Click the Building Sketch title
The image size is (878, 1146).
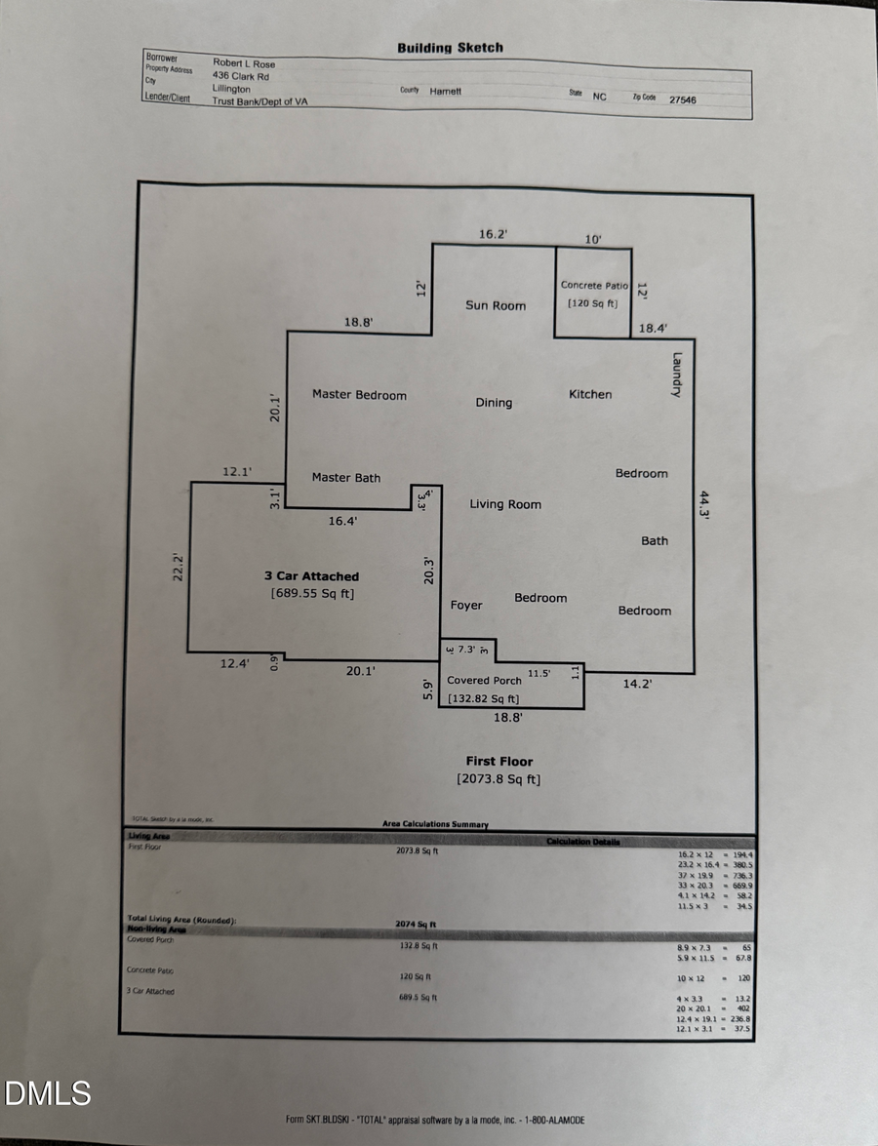(x=450, y=47)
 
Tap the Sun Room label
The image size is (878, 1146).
(x=496, y=305)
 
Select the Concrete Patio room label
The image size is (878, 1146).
(x=594, y=286)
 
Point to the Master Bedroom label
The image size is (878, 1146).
(x=359, y=395)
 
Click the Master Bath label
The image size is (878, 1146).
(x=346, y=478)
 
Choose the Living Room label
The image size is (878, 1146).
(x=505, y=504)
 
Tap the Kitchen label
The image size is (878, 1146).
(x=590, y=394)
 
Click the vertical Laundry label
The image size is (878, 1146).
(x=676, y=375)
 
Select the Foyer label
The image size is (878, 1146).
(x=466, y=606)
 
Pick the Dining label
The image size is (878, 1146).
(x=494, y=403)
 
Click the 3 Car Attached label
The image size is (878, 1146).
(x=312, y=576)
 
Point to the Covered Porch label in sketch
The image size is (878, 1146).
(x=484, y=681)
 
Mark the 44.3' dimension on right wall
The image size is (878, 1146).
(x=704, y=505)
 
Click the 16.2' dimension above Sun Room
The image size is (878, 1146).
(x=494, y=234)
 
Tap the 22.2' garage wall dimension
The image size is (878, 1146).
(x=179, y=569)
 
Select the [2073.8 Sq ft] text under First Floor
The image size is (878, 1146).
(x=499, y=779)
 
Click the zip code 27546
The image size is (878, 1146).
(x=683, y=99)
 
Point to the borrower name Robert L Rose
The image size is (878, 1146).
(x=244, y=63)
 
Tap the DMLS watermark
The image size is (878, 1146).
(x=47, y=1093)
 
